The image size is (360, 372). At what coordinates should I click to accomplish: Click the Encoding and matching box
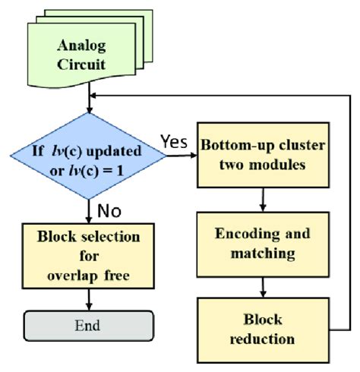[263, 244]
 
